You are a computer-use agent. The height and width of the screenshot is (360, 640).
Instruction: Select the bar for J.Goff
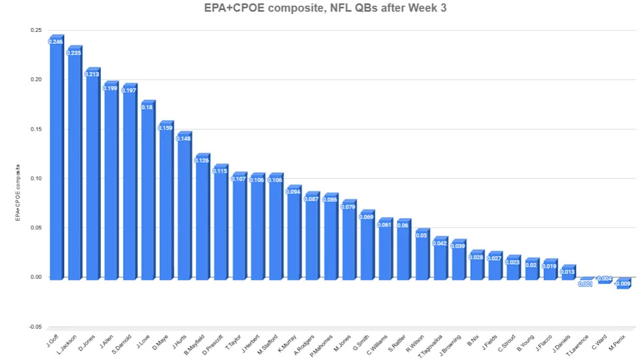[x=56, y=160]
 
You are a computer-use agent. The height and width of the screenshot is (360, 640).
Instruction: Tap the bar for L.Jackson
[x=74, y=163]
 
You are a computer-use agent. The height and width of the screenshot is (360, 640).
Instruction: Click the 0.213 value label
[x=92, y=74]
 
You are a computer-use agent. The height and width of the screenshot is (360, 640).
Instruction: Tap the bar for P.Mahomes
[x=329, y=237]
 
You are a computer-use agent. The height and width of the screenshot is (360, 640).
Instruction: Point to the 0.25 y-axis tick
[x=35, y=31]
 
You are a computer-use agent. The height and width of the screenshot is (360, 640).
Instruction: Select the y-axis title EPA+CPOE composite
[x=19, y=193]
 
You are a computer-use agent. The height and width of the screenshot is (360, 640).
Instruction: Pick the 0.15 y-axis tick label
[x=35, y=129]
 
